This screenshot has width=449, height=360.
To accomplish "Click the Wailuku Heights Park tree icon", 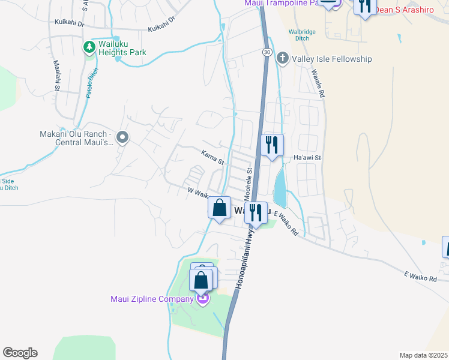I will [x=89, y=46].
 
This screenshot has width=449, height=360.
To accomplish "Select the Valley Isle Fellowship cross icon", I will [x=282, y=59].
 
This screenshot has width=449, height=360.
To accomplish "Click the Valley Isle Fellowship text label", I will [x=331, y=59].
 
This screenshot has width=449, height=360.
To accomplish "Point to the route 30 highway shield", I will [x=265, y=53].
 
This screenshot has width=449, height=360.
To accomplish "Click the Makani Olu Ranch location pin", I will [x=122, y=139].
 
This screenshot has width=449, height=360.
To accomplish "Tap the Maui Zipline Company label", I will [x=151, y=298].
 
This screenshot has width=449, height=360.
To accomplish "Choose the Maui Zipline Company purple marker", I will [x=203, y=298].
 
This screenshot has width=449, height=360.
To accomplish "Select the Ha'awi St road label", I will [x=308, y=158].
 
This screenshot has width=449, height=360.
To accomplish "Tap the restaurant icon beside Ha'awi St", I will [x=273, y=144].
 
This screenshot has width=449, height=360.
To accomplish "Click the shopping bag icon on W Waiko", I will [x=220, y=208].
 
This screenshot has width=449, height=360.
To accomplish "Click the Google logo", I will [x=20, y=352].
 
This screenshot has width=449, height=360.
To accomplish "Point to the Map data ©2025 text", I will [x=424, y=355].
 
